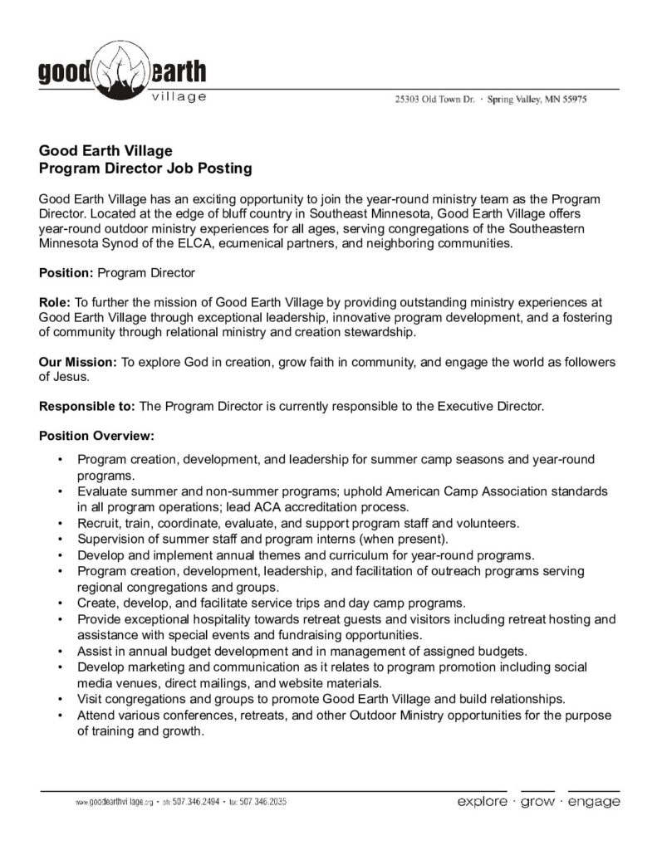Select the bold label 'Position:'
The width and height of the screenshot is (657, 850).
click(x=66, y=271)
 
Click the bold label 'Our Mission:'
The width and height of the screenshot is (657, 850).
click(x=78, y=363)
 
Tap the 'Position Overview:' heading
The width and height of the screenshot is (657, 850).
click(x=96, y=436)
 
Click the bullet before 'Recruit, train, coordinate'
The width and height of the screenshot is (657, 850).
click(x=61, y=524)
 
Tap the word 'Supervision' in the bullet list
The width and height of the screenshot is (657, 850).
click(x=110, y=539)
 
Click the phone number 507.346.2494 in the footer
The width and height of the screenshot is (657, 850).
click(x=198, y=804)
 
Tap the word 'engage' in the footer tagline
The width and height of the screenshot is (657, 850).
click(x=593, y=802)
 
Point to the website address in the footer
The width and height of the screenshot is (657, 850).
click(x=112, y=804)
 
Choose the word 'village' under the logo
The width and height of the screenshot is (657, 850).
click(x=180, y=98)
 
